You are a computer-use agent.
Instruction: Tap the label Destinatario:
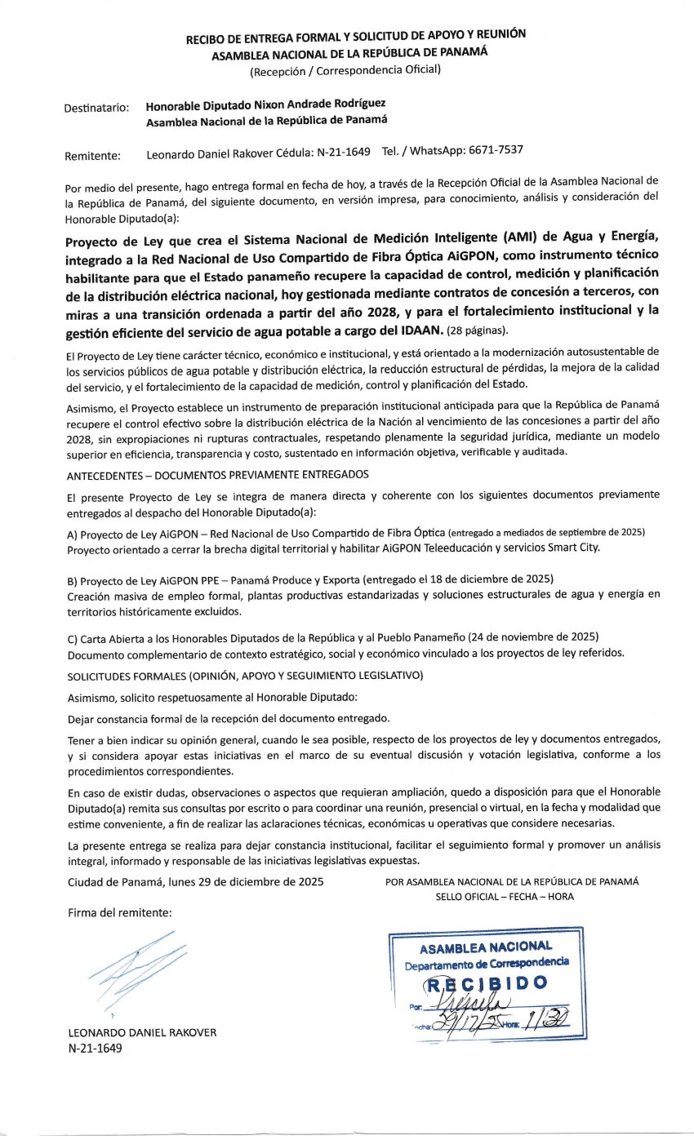96,107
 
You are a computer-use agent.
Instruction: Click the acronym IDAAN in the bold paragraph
419,330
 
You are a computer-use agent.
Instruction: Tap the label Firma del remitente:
119,912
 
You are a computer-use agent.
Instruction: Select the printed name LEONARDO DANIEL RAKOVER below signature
142,1031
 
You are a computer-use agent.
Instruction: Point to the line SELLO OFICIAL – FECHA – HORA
505,896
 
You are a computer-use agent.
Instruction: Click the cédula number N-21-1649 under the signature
95,1048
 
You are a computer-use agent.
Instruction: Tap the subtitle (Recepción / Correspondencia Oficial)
345,70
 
